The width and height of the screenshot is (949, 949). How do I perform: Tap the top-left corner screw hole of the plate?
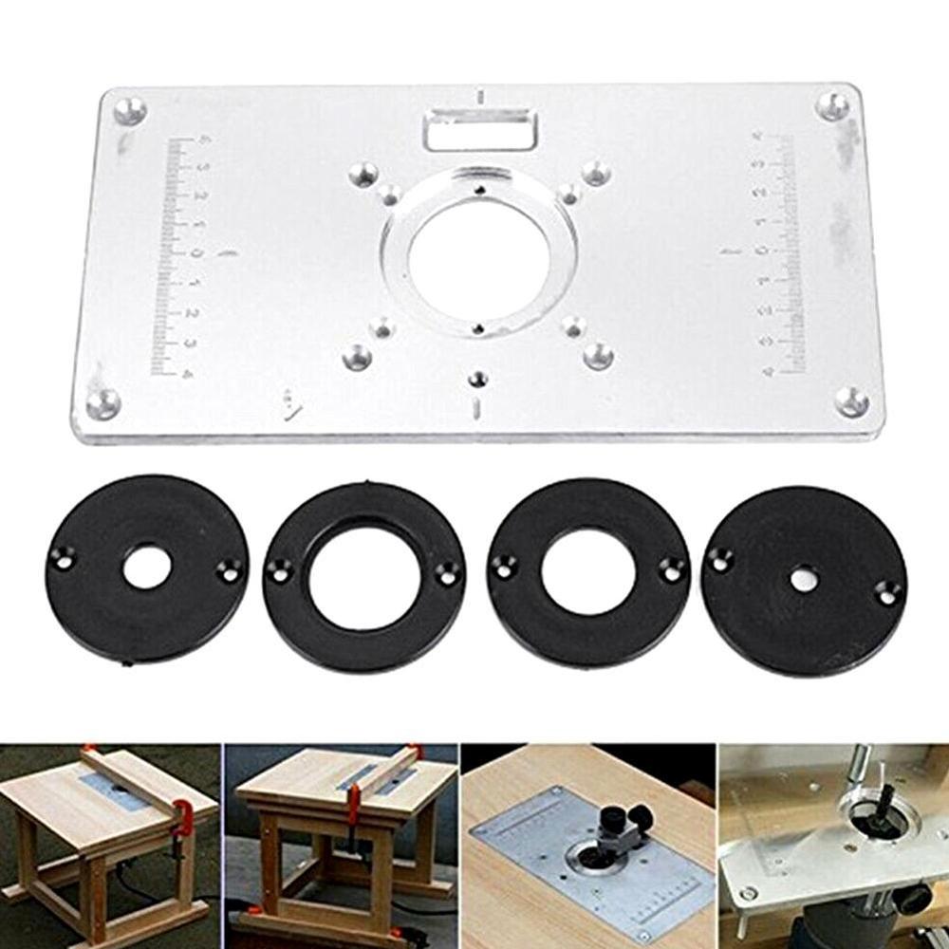click(x=130, y=108)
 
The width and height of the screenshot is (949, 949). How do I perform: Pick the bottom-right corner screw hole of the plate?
click(x=851, y=400)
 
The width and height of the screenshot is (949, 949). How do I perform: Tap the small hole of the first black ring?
click(x=150, y=566)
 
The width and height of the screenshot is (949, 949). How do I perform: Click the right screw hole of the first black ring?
click(x=227, y=571)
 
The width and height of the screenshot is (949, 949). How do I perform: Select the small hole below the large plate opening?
click(x=478, y=379)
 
